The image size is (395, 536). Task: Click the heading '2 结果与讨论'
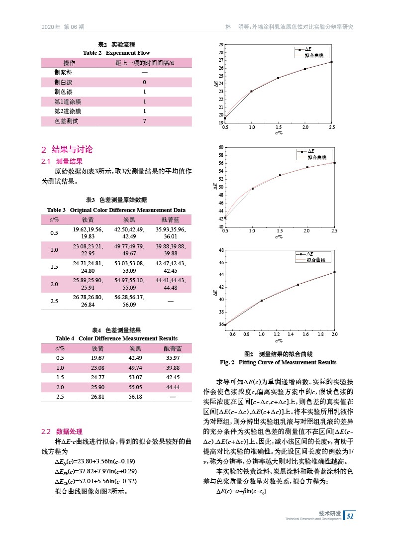click(67, 149)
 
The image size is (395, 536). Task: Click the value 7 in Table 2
click(144, 121)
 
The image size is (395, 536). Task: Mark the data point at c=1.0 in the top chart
click(252, 91)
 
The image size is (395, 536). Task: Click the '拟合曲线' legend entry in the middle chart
click(315, 157)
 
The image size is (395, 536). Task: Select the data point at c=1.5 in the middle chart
click(280, 175)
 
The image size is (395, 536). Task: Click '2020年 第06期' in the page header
click(62, 27)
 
